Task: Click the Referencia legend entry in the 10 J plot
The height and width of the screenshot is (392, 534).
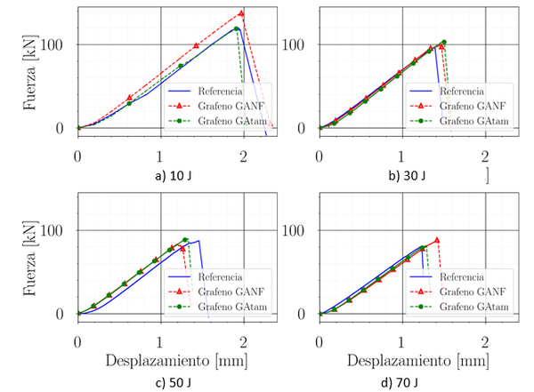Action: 217,91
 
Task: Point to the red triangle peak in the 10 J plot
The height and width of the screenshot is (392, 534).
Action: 241,13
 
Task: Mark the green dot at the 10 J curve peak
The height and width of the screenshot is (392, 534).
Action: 237,28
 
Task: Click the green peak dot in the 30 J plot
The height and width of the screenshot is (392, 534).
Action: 443,42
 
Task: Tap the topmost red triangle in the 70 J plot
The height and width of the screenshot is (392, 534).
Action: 436,240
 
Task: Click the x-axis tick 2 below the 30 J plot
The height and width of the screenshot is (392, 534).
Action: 485,156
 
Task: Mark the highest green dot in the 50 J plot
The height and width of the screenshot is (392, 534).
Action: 185,240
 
